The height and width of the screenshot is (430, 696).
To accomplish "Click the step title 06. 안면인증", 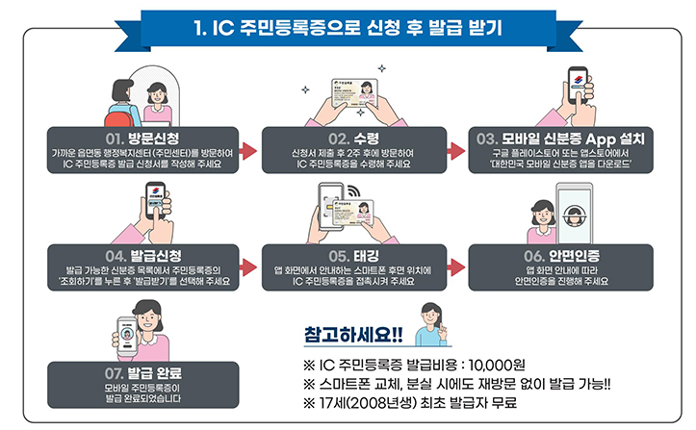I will (557, 257).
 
